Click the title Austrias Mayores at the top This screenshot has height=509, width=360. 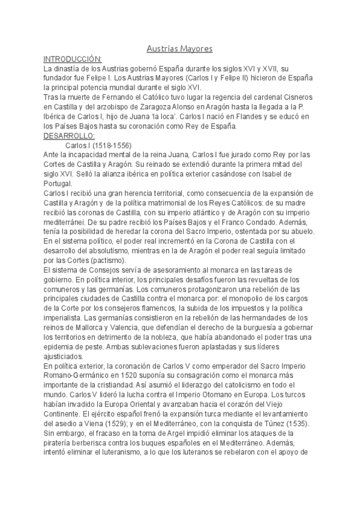tap(180, 49)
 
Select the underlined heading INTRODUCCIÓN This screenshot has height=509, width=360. tap(73, 59)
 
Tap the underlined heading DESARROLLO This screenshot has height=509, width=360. tap(70, 136)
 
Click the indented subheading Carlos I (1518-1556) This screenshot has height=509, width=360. tap(98, 145)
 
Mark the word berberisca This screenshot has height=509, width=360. tap(94, 443)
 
